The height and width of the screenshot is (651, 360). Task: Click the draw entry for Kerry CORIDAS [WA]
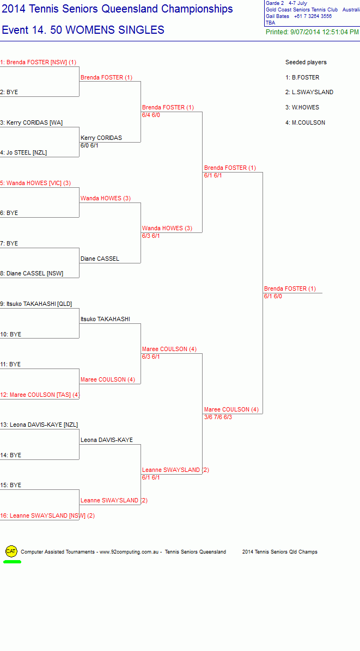click(x=32, y=122)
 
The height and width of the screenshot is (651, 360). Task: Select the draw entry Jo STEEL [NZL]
click(x=23, y=152)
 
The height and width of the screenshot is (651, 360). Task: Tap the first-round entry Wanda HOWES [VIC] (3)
click(x=36, y=183)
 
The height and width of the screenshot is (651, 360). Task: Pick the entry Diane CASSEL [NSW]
click(x=32, y=273)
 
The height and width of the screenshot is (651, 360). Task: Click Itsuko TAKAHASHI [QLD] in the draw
click(x=36, y=304)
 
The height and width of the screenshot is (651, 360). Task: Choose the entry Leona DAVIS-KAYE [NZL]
click(x=39, y=425)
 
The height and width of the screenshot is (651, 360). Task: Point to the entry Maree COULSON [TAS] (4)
click(x=40, y=395)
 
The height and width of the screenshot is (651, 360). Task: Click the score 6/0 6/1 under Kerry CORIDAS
click(x=89, y=145)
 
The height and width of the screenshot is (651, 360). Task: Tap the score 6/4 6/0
click(x=151, y=115)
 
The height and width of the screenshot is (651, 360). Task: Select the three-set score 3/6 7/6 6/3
click(x=218, y=417)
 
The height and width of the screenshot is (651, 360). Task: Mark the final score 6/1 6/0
click(x=273, y=296)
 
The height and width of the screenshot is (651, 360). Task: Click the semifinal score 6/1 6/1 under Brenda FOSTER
click(x=213, y=175)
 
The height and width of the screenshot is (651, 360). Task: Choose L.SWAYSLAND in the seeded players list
click(x=309, y=92)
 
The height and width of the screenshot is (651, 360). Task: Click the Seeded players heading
click(x=306, y=62)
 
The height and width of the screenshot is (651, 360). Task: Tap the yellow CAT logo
click(x=11, y=551)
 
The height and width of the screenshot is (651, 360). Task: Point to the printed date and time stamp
click(x=312, y=32)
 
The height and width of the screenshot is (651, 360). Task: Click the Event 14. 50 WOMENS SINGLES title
click(x=83, y=30)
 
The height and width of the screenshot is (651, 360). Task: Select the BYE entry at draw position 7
click(x=9, y=243)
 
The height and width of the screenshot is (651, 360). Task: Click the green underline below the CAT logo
click(x=12, y=562)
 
